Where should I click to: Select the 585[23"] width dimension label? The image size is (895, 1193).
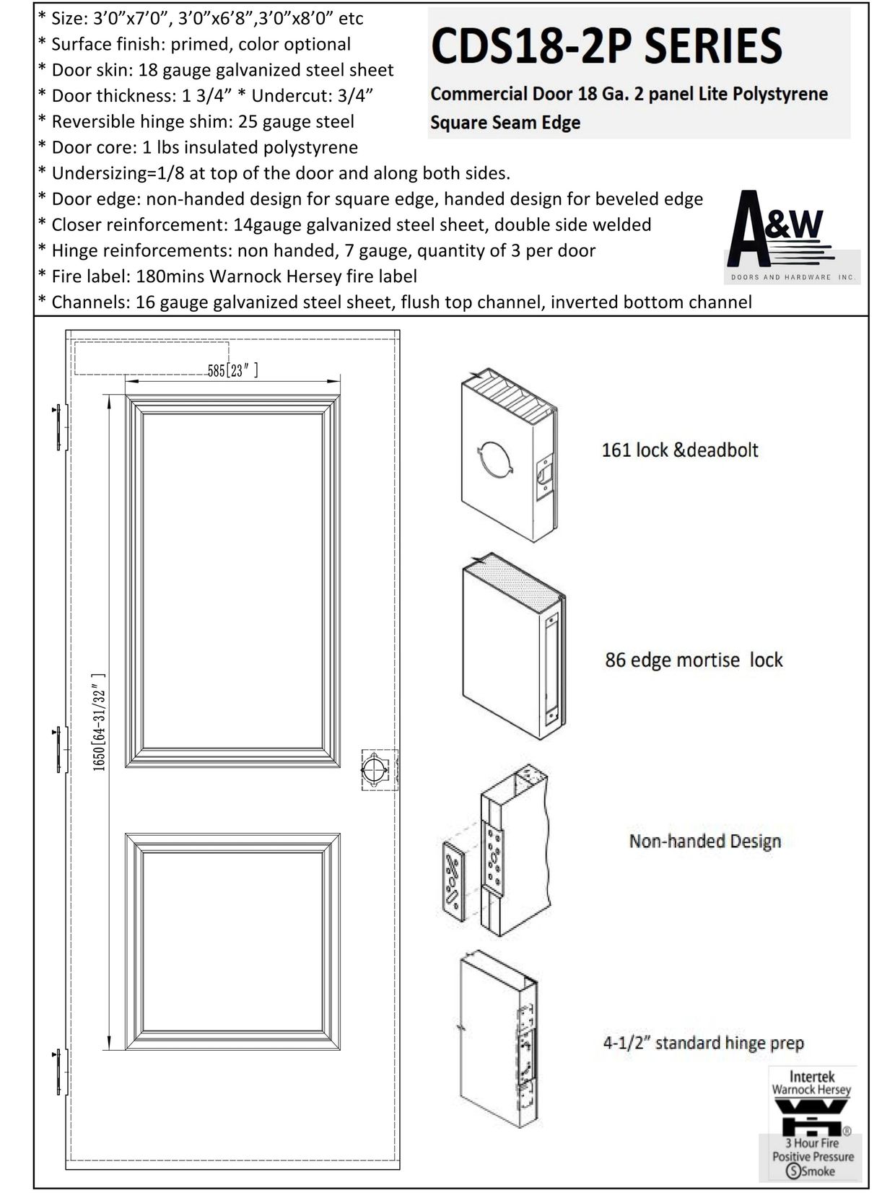232,371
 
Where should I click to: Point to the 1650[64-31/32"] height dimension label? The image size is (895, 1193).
99,722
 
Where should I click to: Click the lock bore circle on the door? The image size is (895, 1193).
375,769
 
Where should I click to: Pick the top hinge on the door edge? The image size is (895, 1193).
60,427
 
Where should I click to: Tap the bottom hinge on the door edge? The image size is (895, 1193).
60,1071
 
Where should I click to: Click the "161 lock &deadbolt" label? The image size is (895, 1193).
680,450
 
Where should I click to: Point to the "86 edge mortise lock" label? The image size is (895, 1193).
694,660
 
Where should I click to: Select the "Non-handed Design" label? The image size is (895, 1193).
704,841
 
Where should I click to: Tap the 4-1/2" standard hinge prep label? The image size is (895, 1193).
703,1042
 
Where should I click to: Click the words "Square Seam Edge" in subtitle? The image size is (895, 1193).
505,123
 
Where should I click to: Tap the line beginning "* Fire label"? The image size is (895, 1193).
227,276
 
